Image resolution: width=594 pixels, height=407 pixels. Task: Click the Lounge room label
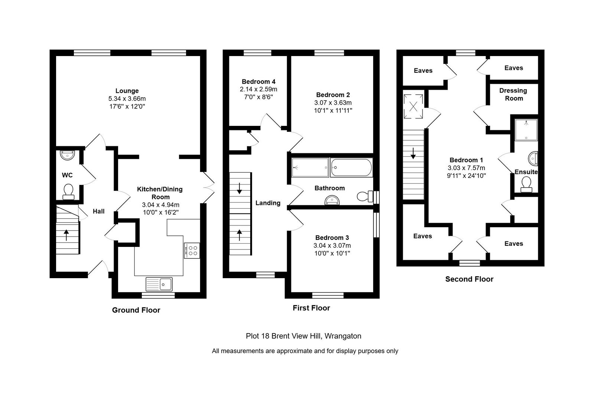[127, 91]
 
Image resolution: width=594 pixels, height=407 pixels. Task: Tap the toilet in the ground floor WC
[68, 192]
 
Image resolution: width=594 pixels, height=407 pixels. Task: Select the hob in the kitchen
[192, 250]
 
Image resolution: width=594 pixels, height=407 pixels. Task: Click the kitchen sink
[159, 284]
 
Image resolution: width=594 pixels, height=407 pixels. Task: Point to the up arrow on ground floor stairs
[66, 235]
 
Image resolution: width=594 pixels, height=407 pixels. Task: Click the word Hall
[99, 211]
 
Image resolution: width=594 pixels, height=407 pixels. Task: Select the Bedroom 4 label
[258, 81]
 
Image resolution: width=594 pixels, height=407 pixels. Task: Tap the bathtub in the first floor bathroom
[351, 167]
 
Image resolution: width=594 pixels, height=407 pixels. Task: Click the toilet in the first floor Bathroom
[365, 196]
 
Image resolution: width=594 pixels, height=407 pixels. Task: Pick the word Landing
[268, 203]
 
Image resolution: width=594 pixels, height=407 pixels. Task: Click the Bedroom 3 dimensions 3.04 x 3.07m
[332, 245]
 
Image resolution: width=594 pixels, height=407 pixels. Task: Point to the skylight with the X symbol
[413, 107]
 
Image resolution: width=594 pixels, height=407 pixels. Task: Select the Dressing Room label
[513, 94]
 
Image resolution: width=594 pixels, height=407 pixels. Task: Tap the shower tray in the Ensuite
[526, 130]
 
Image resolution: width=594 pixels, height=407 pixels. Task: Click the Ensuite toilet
[526, 185]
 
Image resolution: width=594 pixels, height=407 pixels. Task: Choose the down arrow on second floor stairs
[413, 153]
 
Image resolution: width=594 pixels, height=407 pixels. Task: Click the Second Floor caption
[469, 279]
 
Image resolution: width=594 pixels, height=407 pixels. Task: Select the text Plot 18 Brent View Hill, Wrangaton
[303, 336]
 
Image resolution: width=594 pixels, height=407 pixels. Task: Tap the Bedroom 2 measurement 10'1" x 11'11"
[333, 110]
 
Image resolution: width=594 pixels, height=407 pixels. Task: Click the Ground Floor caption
[136, 310]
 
